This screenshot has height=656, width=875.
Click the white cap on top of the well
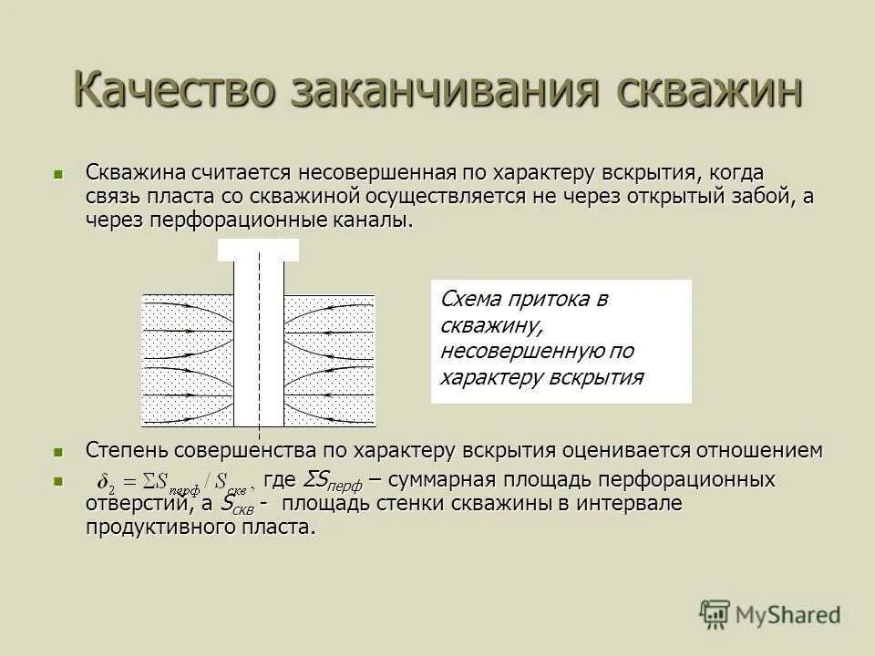[258, 250]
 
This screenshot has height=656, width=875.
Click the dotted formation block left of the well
[188, 360]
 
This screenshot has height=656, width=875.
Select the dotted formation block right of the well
[329, 360]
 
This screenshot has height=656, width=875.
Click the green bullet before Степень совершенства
[59, 451]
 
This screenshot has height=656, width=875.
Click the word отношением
[760, 450]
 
